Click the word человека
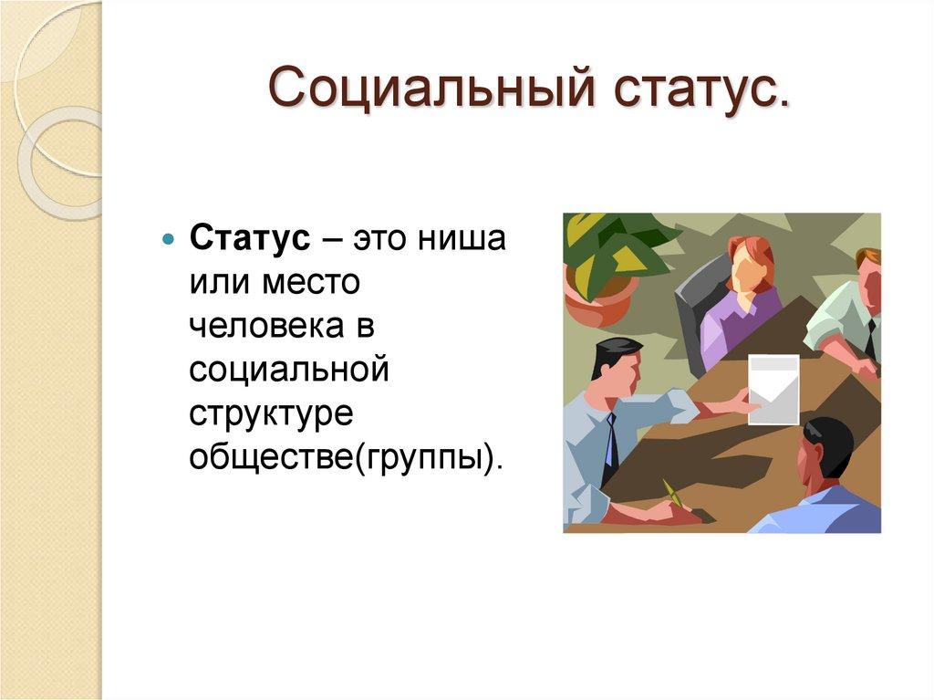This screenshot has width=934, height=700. click(x=269, y=328)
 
